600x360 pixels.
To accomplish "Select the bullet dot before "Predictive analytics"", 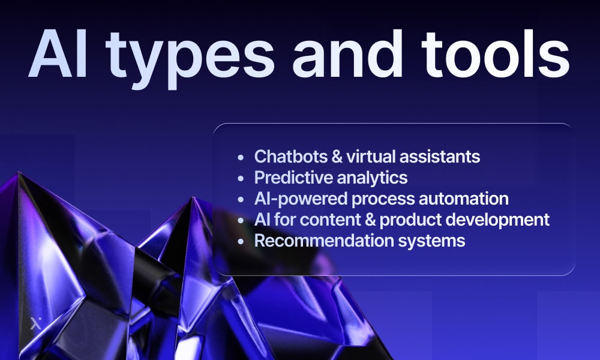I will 241,178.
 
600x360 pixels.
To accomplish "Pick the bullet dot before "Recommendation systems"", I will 241,241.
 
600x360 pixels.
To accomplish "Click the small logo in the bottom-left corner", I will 35,324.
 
